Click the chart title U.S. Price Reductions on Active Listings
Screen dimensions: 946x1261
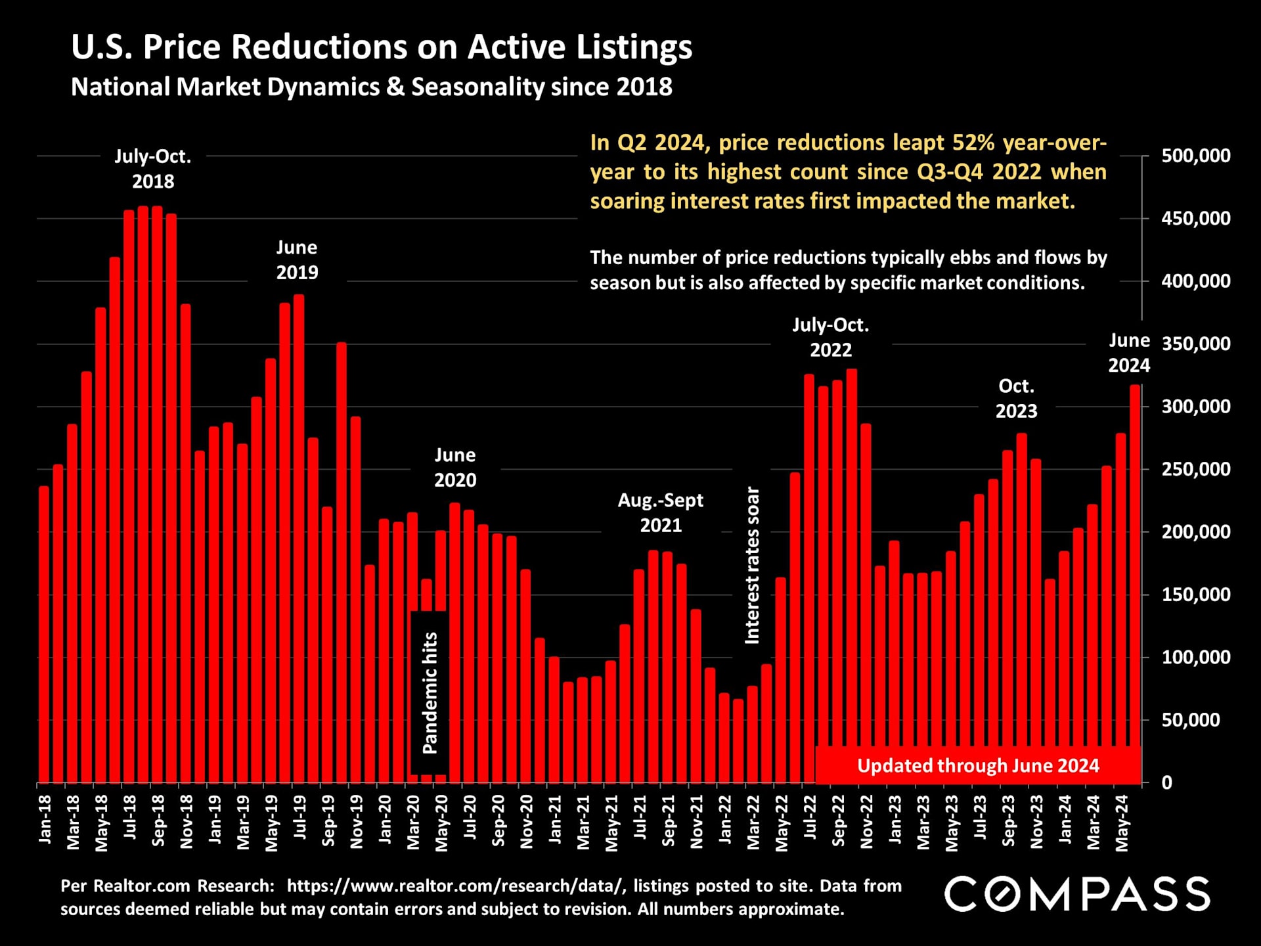click(381, 47)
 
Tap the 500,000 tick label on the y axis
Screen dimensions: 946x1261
click(1195, 156)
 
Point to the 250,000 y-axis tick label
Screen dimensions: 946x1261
click(1195, 469)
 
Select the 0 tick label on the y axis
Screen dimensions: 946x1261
click(1166, 782)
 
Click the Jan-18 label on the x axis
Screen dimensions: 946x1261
click(45, 819)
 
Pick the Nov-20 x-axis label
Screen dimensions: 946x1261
click(526, 822)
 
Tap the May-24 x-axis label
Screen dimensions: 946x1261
click(1121, 823)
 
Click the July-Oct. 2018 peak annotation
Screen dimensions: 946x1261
click(153, 169)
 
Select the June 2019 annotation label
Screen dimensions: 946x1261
click(297, 259)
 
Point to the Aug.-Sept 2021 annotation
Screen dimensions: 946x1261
click(661, 512)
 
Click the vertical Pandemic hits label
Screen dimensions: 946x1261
click(430, 693)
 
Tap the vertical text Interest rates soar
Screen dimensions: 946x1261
click(752, 565)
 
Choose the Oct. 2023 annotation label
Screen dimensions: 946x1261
click(1016, 398)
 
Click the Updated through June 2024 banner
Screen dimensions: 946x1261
click(977, 765)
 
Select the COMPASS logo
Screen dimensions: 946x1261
click(1077, 894)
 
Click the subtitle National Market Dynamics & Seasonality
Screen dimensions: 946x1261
click(371, 87)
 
